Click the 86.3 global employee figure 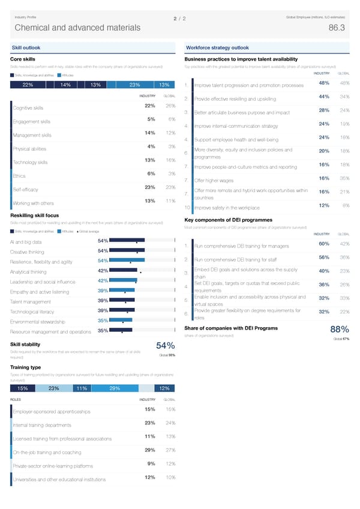coord(337,28)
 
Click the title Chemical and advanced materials coord(77,28)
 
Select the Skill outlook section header coord(26,47)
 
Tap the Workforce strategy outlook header coord(217,47)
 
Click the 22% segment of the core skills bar coord(28,85)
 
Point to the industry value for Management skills coord(151,133)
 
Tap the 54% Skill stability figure coord(165,346)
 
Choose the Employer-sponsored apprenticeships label coord(51,412)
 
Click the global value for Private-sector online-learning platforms coord(170,463)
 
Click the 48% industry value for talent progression coord(323,83)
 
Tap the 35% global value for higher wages coord(344,178)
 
